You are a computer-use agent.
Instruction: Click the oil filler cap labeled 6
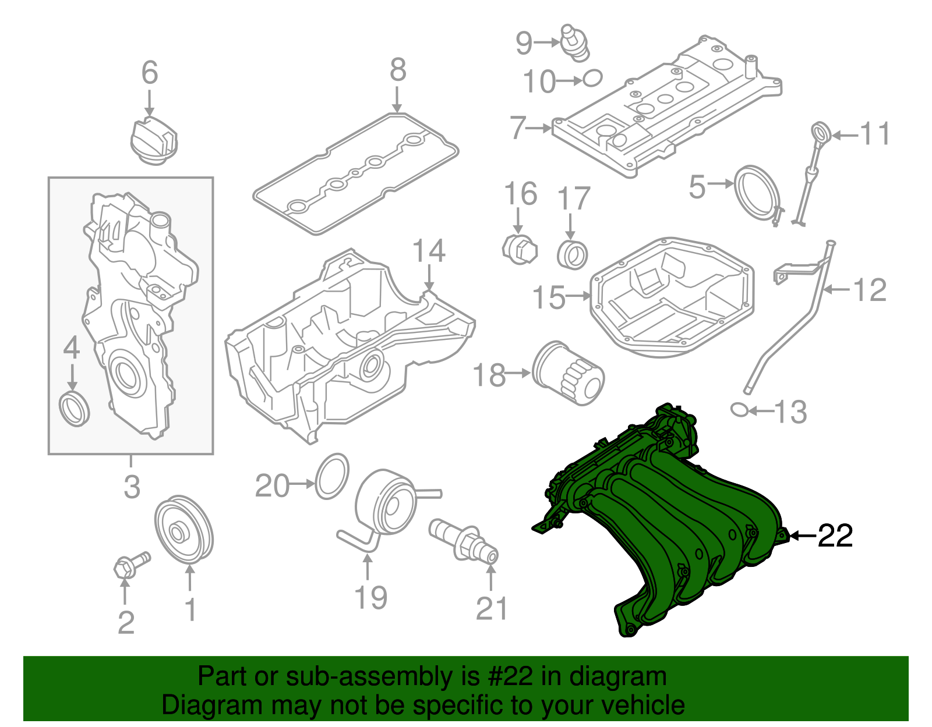coord(153,141)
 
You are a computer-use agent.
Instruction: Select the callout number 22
coord(835,536)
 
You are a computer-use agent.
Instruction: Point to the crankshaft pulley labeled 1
coord(183,530)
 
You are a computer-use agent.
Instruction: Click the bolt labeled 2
coord(130,565)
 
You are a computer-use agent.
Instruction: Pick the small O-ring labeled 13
coord(739,410)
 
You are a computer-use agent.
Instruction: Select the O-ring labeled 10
coord(592,78)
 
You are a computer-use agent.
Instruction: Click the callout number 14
coord(429,251)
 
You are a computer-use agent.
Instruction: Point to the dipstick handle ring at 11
coord(821,132)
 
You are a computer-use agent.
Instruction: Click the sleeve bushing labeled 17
coord(572,254)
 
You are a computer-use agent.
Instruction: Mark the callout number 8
coord(397,70)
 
